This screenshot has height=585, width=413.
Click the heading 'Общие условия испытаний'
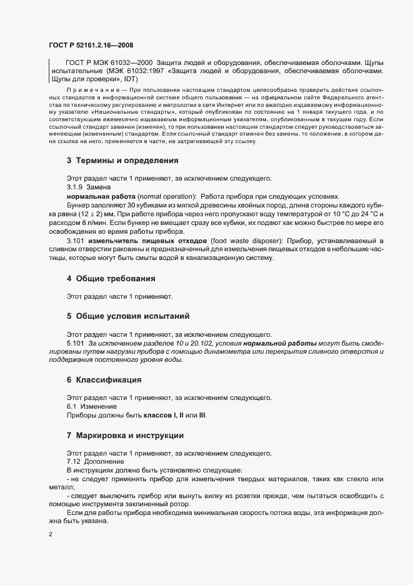pos(132,316)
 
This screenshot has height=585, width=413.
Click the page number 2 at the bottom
pos(51,535)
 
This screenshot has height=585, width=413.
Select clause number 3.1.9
pos(76,187)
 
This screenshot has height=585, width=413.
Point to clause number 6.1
pos(72,406)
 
